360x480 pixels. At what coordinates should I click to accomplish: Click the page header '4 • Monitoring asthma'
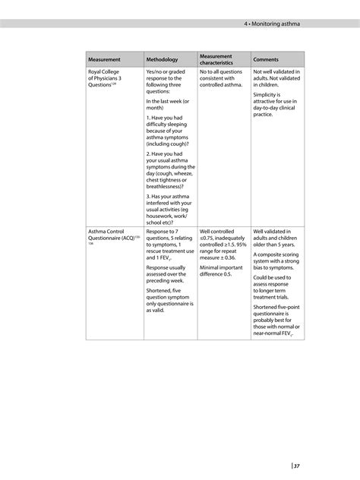coord(272,24)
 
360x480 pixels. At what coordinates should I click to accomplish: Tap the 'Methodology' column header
coord(162,59)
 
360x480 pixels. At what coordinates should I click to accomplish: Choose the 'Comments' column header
coord(266,59)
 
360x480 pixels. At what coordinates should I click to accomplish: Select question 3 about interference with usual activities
coord(169,209)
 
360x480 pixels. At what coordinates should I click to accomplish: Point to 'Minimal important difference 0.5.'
coord(221,270)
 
